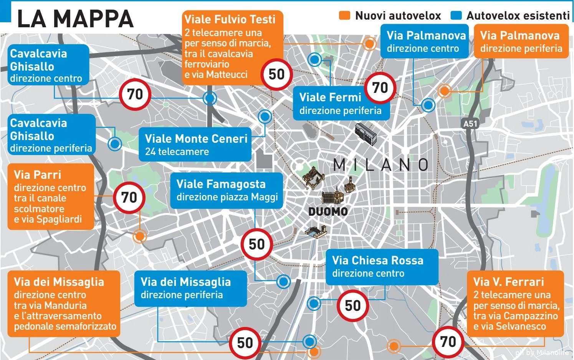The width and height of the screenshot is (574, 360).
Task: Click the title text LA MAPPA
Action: pyautogui.click(x=75, y=18)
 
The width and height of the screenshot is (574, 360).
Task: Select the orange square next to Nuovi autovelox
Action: pyautogui.click(x=344, y=15)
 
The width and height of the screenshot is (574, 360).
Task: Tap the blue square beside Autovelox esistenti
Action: pyautogui.click(x=456, y=15)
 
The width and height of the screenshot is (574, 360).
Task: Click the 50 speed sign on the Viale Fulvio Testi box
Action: pyautogui.click(x=276, y=74)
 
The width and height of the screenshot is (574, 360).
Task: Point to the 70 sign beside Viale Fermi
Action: pyautogui.click(x=380, y=88)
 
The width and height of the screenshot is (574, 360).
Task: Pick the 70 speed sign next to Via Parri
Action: pyautogui.click(x=129, y=198)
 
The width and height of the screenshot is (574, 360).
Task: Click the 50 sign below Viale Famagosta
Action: pyautogui.click(x=256, y=244)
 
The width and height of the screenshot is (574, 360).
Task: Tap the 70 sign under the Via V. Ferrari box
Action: pyautogui.click(x=448, y=342)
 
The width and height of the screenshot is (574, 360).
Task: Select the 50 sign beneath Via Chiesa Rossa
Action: pyautogui.click(x=352, y=306)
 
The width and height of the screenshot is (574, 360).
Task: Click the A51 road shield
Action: pyautogui.click(x=470, y=124)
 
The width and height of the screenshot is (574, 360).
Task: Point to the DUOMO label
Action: pyautogui.click(x=328, y=211)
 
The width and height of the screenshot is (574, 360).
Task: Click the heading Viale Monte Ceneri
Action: pyautogui.click(x=196, y=139)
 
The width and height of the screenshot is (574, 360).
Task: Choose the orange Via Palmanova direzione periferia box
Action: pyautogui.click(x=521, y=41)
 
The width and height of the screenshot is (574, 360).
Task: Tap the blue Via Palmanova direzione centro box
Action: pyautogui.click(x=424, y=41)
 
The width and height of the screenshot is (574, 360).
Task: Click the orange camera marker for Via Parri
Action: pyautogui.click(x=140, y=236)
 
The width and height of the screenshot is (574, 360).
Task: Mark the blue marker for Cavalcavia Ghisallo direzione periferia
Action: pyautogui.click(x=114, y=144)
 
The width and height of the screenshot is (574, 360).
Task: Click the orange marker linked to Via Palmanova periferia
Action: pyautogui.click(x=444, y=91)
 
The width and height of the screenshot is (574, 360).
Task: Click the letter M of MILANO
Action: pyautogui.click(x=339, y=165)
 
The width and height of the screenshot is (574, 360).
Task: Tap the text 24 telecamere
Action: pyautogui.click(x=177, y=152)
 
